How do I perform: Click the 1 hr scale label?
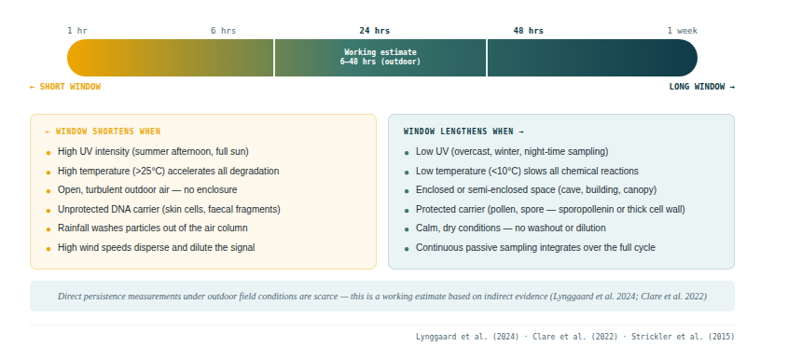[77, 31]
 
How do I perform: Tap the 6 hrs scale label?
[223, 31]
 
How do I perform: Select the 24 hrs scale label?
[374, 31]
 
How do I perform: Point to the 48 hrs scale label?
[529, 31]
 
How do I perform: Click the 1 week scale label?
[683, 31]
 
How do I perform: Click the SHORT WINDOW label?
[65, 87]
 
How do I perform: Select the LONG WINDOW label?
[701, 87]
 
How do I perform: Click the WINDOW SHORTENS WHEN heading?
[103, 132]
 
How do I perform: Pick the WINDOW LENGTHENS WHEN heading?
[463, 132]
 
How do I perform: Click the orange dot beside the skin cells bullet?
[48, 210]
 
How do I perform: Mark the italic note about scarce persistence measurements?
[382, 296]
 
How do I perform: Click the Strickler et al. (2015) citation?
[683, 337]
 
